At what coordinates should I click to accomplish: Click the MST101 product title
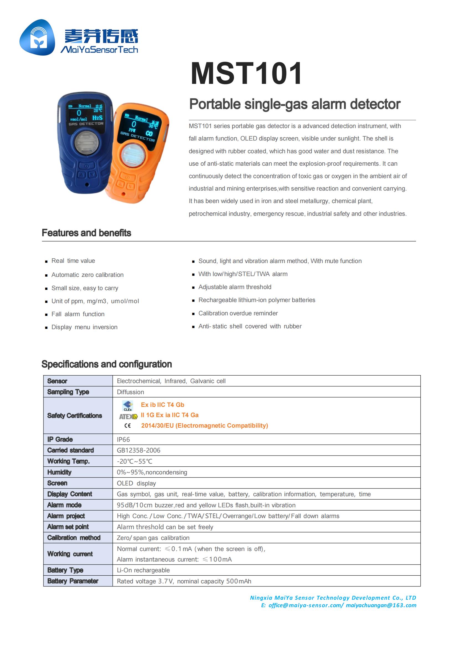[246, 74]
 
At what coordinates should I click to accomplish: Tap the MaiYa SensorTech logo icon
[37, 37]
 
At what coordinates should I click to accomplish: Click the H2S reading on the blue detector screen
[97, 118]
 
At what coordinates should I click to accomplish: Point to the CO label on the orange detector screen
[149, 134]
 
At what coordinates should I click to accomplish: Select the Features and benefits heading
[86, 233]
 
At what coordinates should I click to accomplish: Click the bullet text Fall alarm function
[78, 314]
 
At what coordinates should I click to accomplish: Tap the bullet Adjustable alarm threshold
[235, 287]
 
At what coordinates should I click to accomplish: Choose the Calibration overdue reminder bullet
[238, 313]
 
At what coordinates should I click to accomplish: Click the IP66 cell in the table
[123, 439]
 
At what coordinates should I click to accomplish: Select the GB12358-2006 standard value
[138, 450]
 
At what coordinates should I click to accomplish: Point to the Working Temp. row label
[68, 461]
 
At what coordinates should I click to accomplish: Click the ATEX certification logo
[128, 416]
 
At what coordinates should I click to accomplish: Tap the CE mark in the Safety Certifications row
[127, 425]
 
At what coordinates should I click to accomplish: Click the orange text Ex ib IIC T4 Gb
[163, 405]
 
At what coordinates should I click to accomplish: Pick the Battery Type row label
[65, 570]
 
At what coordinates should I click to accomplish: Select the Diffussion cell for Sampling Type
[130, 392]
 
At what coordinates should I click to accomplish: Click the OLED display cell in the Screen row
[136, 483]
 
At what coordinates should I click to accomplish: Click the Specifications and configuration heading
[107, 364]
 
